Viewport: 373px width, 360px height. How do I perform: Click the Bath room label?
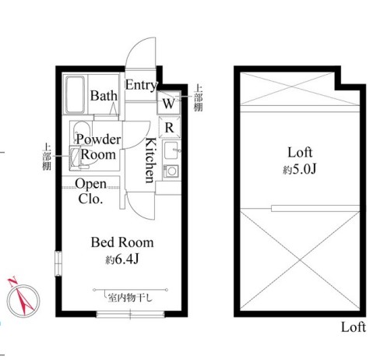coord(104,96)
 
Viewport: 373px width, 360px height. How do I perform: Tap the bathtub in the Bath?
coord(76,95)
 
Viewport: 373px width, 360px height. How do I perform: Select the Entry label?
coord(141,85)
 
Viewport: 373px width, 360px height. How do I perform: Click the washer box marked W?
coord(169,103)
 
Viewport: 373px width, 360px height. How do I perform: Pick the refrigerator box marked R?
coord(170,127)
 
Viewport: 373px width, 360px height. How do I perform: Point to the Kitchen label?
coord(150,161)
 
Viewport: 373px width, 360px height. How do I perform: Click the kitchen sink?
coord(171,150)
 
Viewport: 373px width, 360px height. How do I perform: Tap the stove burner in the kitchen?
coord(171,171)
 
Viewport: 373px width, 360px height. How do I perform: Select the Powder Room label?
coord(99,147)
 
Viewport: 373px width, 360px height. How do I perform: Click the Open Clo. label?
coord(90,191)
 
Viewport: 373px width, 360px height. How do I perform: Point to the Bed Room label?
coord(122,242)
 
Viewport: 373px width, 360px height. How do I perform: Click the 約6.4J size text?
coord(122,259)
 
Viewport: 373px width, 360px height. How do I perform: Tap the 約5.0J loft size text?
coord(300,170)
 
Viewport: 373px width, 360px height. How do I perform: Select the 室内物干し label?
coord(130,298)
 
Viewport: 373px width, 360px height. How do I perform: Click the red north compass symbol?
coord(23,298)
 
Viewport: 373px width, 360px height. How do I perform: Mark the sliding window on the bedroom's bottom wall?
coord(130,315)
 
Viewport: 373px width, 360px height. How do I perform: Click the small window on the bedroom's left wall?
coord(58,263)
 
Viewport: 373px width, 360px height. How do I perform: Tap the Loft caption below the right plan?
coord(354,327)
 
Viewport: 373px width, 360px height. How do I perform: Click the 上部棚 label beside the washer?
coord(199,98)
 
